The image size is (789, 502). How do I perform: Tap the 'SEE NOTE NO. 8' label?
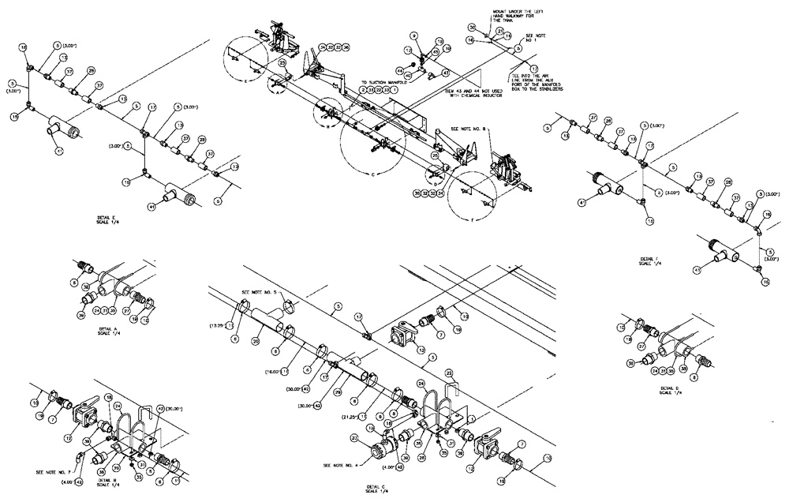point(468,129)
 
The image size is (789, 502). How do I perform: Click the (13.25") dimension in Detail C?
point(218,325)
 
